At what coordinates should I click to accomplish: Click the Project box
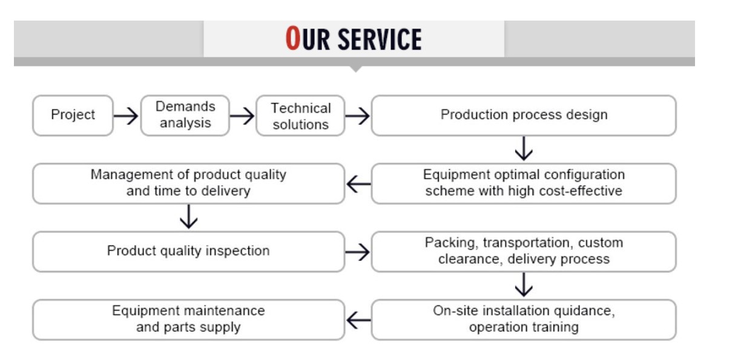click(73, 115)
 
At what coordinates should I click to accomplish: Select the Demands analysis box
click(185, 115)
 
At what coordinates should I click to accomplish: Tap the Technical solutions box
click(300, 116)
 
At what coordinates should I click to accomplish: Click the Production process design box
click(524, 115)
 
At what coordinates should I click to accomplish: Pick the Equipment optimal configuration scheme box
click(524, 183)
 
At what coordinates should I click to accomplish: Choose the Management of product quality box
click(188, 183)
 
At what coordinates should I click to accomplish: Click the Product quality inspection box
click(188, 250)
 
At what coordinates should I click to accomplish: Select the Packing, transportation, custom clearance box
click(524, 250)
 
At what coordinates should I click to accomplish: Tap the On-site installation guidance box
click(524, 319)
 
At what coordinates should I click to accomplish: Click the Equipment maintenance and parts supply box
click(188, 319)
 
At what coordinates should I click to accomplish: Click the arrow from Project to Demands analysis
click(127, 115)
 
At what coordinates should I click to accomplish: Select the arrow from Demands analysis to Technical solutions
click(242, 115)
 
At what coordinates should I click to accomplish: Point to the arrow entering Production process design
click(357, 115)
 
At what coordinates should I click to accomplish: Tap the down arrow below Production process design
click(524, 149)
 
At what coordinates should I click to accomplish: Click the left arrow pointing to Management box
click(358, 183)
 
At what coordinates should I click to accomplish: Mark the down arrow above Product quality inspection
click(189, 217)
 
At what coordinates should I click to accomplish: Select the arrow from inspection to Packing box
click(357, 251)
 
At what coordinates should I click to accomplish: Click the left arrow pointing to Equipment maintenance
click(358, 319)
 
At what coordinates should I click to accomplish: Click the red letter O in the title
click(293, 39)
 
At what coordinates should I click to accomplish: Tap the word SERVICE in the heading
click(379, 40)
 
